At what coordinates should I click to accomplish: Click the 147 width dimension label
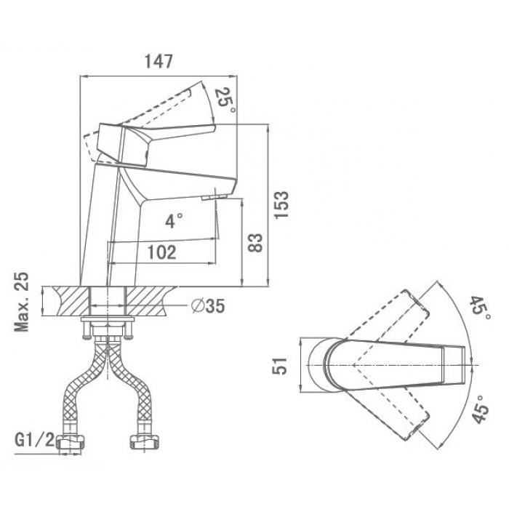click(x=159, y=61)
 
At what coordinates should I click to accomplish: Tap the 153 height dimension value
click(x=281, y=205)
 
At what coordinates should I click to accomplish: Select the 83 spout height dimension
click(x=254, y=243)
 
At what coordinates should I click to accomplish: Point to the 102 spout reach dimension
click(x=162, y=252)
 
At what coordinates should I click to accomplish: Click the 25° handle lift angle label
click(x=225, y=100)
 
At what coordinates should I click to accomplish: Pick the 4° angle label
click(x=174, y=221)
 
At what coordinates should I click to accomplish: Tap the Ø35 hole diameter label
click(x=208, y=305)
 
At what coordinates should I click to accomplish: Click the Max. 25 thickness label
click(x=22, y=302)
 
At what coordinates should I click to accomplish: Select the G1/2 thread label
click(x=35, y=439)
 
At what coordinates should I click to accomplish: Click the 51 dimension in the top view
click(x=280, y=366)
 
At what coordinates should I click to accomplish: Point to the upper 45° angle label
click(x=480, y=308)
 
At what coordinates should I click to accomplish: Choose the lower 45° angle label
click(x=480, y=410)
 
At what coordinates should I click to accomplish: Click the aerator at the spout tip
click(x=214, y=198)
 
